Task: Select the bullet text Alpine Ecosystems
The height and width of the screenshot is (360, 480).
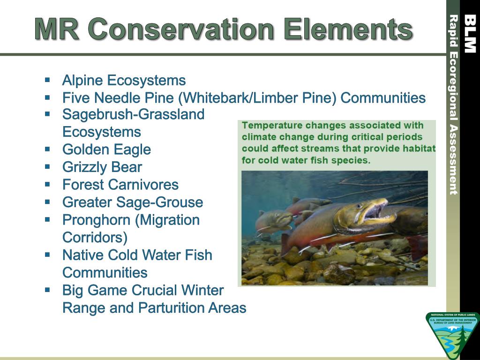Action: (124, 81)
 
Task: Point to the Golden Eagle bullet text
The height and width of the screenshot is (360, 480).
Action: (106, 150)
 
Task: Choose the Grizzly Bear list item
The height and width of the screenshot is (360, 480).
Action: (102, 167)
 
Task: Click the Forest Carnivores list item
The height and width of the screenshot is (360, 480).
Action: (120, 185)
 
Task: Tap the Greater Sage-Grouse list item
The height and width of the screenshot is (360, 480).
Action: (133, 202)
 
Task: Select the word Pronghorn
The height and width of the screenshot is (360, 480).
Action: (97, 220)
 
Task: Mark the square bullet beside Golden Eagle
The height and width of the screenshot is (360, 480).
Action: (47, 150)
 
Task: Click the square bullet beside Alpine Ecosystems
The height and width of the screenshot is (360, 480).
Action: (47, 80)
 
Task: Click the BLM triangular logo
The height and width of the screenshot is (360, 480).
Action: (451, 335)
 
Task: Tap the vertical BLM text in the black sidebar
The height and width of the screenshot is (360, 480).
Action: (470, 34)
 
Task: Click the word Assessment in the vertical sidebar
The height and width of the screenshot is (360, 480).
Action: (453, 159)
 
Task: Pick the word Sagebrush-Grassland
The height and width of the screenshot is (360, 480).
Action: (134, 115)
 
